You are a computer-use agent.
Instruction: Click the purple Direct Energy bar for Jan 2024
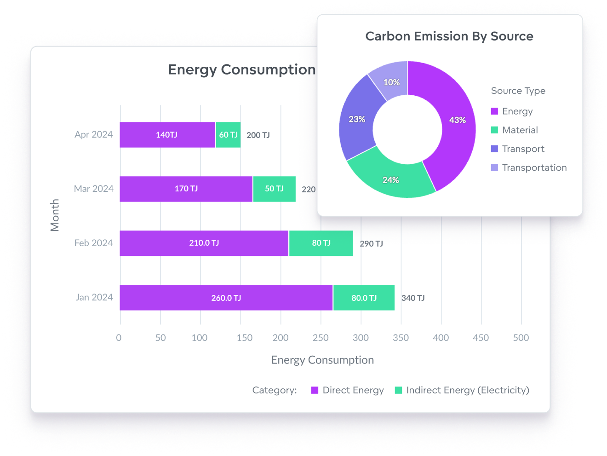[226, 298]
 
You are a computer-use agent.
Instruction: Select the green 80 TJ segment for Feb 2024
[321, 243]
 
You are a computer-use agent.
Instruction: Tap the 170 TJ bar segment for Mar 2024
[186, 189]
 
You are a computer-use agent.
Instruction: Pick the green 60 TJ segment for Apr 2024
[228, 135]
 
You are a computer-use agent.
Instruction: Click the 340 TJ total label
[413, 298]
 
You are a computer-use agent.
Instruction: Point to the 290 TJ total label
[371, 244]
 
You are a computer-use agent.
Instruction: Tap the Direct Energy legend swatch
[315, 390]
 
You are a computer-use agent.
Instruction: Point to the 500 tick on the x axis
[521, 338]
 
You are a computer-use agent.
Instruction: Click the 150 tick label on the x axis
[244, 338]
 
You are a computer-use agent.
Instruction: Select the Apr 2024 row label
[94, 134]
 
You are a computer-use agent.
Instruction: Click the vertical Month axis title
[55, 215]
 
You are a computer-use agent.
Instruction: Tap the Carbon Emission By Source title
[449, 36]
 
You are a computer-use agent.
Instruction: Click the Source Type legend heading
[518, 91]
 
